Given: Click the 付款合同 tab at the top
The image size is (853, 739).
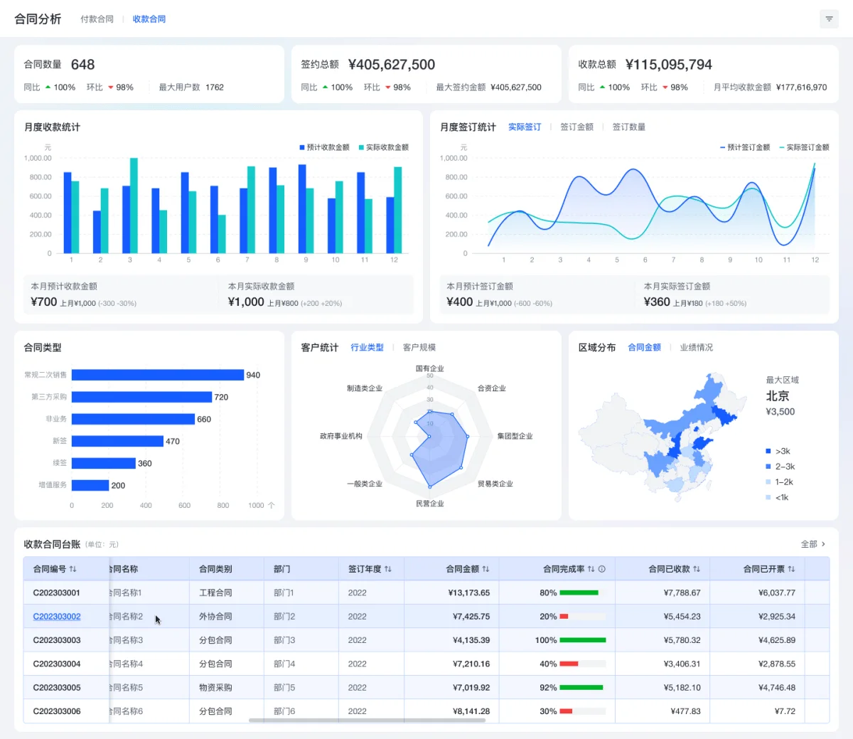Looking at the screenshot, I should click(x=97, y=19).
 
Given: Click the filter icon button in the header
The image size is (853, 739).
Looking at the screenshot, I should click(x=829, y=19).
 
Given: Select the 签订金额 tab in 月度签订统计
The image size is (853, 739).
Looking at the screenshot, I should click(x=576, y=127).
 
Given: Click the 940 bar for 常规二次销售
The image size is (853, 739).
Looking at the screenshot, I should click(x=157, y=375).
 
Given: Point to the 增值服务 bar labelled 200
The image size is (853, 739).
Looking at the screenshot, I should click(x=90, y=485).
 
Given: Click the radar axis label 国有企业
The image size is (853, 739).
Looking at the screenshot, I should click(x=429, y=368).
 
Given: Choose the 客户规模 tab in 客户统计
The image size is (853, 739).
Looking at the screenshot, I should click(x=419, y=348).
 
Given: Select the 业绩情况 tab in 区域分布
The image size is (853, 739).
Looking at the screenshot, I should click(x=696, y=348).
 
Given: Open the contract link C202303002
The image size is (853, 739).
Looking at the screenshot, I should click(x=57, y=617).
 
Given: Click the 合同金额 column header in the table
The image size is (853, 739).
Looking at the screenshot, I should click(x=463, y=569).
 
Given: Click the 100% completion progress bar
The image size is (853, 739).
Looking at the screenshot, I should click(x=582, y=640).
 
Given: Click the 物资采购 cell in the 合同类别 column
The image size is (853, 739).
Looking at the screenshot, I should click(x=215, y=688).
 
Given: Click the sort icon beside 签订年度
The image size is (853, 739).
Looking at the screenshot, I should click(x=388, y=569).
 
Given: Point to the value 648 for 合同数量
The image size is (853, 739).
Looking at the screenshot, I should click(x=82, y=65).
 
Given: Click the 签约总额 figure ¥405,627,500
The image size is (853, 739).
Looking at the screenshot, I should click(x=392, y=65).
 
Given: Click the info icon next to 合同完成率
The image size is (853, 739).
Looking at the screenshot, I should click(x=602, y=569).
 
